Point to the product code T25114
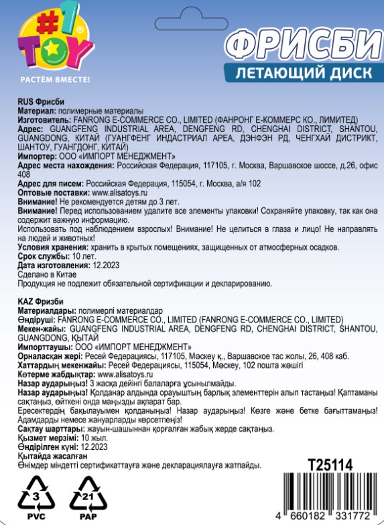click(330, 465)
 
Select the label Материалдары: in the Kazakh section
click(47, 310)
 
